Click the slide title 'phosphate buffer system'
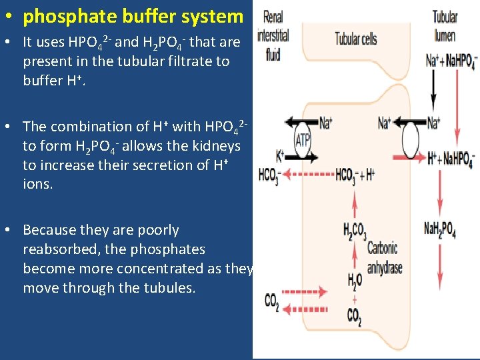(133, 16)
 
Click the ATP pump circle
(303, 140)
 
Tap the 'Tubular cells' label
(355, 39)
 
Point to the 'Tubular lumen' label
(445, 26)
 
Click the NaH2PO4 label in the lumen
(440, 230)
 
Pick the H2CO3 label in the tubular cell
(354, 232)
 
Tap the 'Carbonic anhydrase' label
(384, 258)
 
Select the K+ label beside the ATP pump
(280, 157)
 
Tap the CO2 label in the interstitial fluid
(272, 302)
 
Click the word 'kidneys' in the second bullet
(218, 145)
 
